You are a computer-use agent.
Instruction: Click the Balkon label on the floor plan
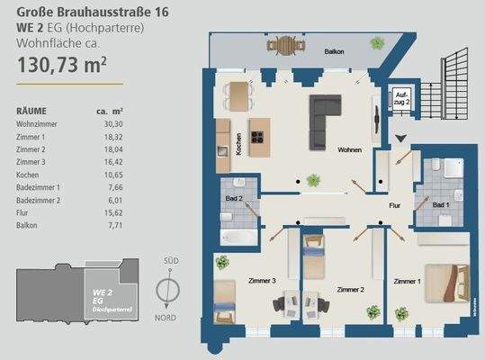tap(335, 52)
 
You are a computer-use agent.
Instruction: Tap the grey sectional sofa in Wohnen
tap(328, 119)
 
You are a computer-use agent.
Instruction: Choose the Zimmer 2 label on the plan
tap(349, 290)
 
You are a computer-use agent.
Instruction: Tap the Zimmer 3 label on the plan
tap(261, 282)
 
